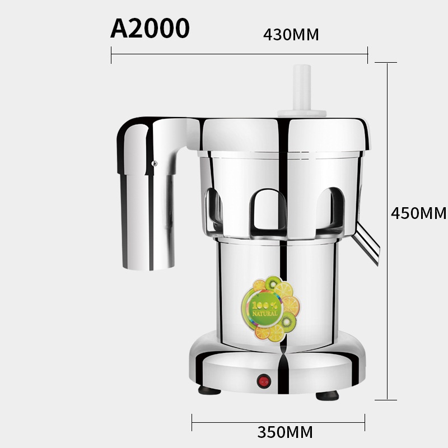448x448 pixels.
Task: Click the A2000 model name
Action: coord(150,28)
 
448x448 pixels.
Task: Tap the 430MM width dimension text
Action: coord(291,35)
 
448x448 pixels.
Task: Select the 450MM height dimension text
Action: coord(418,213)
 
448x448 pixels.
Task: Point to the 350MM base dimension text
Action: coord(285,432)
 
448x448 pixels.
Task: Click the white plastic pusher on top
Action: coord(302,91)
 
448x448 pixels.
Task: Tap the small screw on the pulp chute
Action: coord(155,164)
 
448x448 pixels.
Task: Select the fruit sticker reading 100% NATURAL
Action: coord(270,309)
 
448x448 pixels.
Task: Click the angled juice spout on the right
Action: coord(367,244)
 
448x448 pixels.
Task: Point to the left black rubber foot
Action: coord(209,390)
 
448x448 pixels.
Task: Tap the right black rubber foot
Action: coord(327,395)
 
